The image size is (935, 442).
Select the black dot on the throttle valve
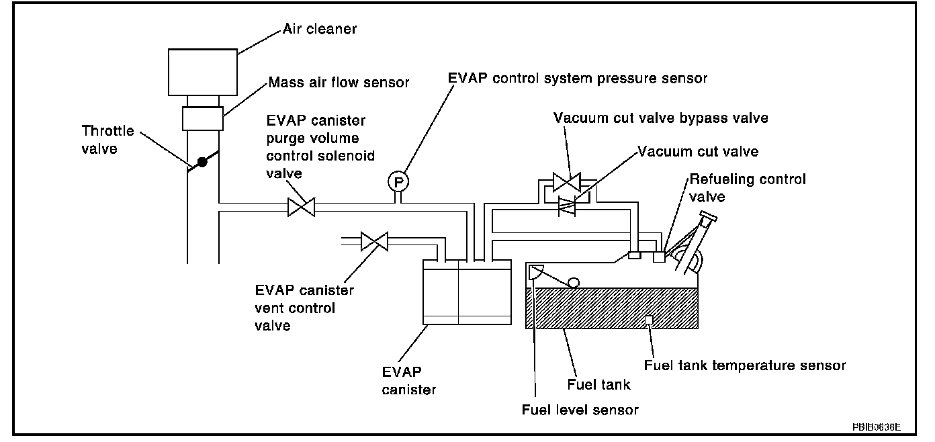(x=202, y=162)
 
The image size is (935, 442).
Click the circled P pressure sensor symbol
(x=398, y=182)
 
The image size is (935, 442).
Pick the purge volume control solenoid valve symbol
(x=302, y=207)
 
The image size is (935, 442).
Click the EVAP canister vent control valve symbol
(x=374, y=241)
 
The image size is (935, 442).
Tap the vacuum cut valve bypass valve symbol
(x=567, y=182)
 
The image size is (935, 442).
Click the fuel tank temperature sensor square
(x=649, y=320)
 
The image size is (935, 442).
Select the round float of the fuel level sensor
(x=574, y=283)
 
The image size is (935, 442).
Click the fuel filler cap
(x=709, y=216)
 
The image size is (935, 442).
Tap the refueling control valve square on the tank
(x=659, y=257)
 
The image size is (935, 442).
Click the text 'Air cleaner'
(x=320, y=29)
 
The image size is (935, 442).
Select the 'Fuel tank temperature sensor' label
(x=745, y=365)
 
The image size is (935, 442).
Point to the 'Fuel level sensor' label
(x=580, y=410)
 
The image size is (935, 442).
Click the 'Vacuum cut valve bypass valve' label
(x=661, y=118)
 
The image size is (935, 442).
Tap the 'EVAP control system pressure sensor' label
(x=578, y=79)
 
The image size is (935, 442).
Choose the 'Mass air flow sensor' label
(x=339, y=82)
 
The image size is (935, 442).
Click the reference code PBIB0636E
(x=877, y=427)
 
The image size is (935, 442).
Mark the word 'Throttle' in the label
(x=107, y=131)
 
